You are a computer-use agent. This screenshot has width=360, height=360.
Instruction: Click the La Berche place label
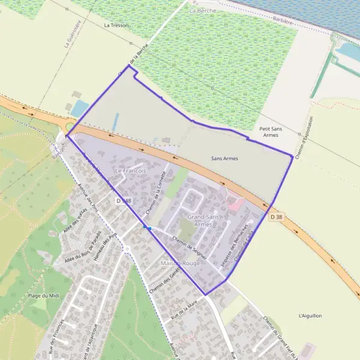(201, 11)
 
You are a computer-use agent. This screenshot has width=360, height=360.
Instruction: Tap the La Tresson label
(116, 25)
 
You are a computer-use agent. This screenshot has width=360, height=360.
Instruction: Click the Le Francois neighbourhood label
(130, 171)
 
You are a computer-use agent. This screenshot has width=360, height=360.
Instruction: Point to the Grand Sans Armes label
(203, 220)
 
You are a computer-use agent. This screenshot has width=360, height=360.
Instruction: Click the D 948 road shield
(124, 200)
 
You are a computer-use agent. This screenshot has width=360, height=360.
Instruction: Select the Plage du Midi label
(43, 296)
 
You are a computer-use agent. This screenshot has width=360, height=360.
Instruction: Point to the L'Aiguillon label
(310, 316)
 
